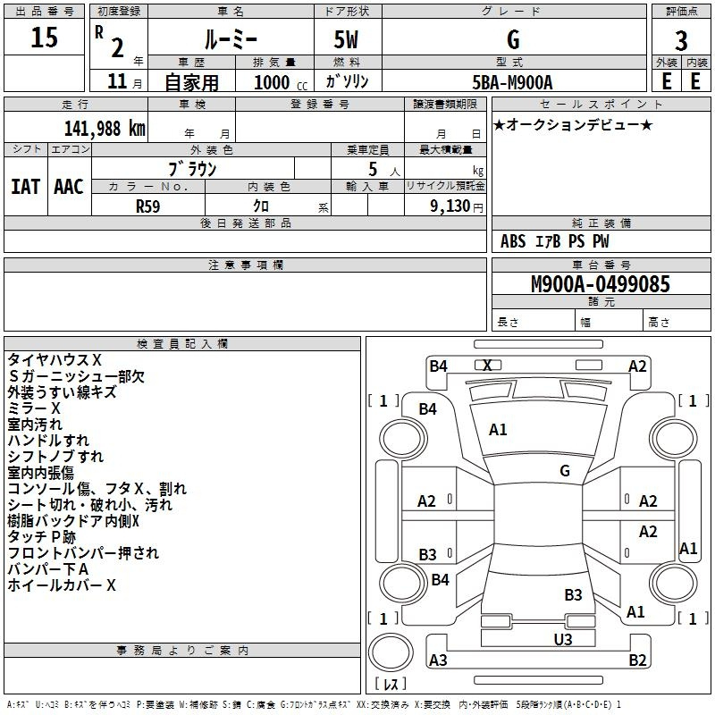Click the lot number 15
(45, 38)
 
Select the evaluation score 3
(681, 40)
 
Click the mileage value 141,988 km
(105, 129)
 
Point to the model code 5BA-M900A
(512, 82)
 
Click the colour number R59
(148, 206)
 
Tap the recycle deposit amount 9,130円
(456, 206)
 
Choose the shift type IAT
(25, 186)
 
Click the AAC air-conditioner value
(68, 186)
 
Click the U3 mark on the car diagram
(562, 639)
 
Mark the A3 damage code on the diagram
(438, 660)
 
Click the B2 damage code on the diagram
(637, 660)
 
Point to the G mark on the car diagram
(565, 470)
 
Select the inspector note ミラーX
(34, 408)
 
